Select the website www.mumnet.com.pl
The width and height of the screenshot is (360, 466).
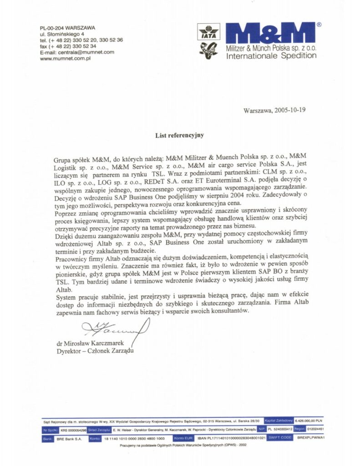[x=66, y=58]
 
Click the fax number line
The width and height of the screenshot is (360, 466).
[x=68, y=46]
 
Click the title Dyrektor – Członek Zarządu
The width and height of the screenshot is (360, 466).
[x=96, y=351]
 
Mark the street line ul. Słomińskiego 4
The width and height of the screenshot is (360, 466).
[x=62, y=34]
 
